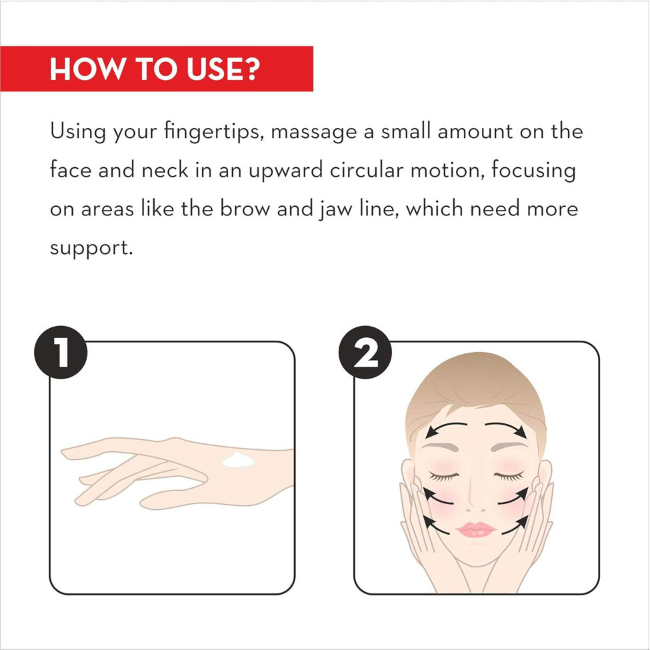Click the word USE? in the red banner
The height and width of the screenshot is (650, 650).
coord(223,69)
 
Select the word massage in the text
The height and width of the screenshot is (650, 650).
coord(314,133)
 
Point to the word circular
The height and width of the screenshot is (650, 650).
coord(367,171)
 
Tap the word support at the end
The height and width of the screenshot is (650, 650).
coord(91,249)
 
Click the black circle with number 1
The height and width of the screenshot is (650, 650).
coord(61,353)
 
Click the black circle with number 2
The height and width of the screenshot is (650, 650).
coord(365,353)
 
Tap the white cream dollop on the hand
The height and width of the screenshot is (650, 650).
coord(239,460)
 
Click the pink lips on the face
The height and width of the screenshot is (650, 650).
coord(475,529)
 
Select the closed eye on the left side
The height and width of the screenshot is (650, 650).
coord(443,476)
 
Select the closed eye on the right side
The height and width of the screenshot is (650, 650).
coord(509,476)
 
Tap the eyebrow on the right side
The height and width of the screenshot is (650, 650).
coord(509,447)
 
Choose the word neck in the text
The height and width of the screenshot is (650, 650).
coord(165,171)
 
